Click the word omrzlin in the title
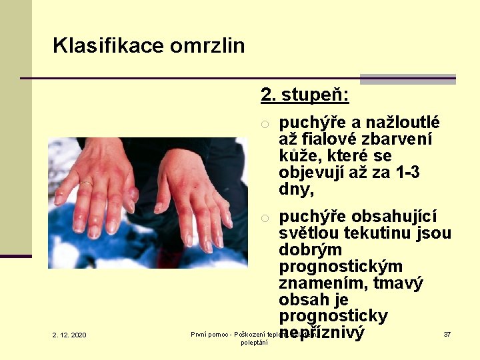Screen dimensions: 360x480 (x=207, y=46)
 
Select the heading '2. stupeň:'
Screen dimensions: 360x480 (x=305, y=95)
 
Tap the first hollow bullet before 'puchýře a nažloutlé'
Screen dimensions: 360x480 (x=265, y=123)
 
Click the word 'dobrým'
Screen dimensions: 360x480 (x=310, y=250)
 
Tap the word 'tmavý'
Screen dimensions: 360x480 (x=398, y=283)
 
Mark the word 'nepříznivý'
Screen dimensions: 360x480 (x=323, y=333)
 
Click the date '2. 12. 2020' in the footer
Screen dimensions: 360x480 (x=69, y=335)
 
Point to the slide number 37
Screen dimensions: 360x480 (x=447, y=334)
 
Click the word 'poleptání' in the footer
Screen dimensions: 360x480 (x=254, y=343)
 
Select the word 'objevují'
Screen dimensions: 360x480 (x=313, y=173)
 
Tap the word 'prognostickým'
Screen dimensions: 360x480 (x=341, y=267)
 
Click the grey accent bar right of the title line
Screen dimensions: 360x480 (x=408, y=79)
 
